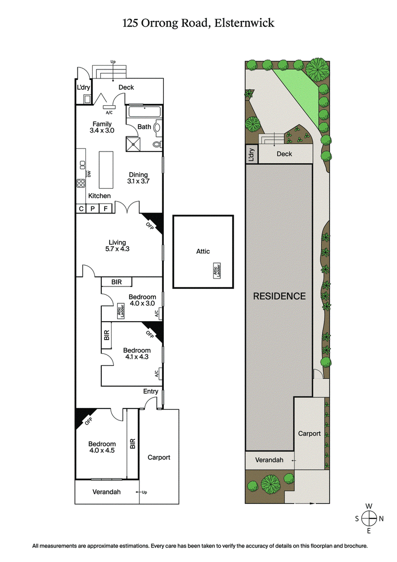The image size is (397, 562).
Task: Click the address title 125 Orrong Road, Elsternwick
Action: pos(198,23)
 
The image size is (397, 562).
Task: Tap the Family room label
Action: pos(102,128)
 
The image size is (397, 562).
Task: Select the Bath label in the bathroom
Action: pos(144,127)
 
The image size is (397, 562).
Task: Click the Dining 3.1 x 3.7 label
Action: pos(138,178)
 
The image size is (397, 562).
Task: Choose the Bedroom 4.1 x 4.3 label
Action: pos(136,353)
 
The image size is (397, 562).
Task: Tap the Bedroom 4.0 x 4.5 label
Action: pos(102,447)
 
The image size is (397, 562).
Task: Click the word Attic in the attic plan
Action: pos(203,251)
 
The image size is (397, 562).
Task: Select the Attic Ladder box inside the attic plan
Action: pos(217,271)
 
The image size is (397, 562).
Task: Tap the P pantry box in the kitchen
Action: pos(93,209)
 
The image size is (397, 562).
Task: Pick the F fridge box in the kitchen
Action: pos(105,209)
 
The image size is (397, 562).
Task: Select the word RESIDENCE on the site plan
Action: pos(279,296)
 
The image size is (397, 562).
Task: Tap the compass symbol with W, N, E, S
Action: pos(369,518)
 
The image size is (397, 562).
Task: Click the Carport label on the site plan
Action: pos(309,433)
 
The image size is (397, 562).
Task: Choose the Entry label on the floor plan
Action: pos(150,391)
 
